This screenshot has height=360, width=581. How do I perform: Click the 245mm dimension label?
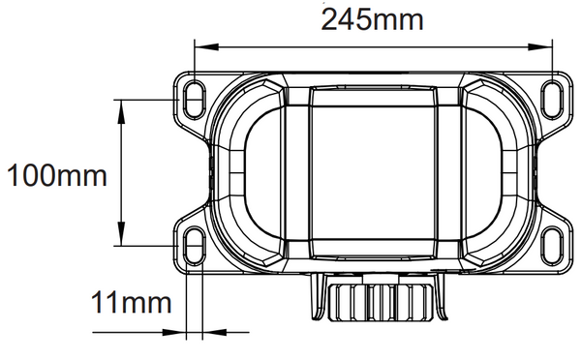(372, 19)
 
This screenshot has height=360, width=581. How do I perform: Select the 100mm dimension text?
(57, 175)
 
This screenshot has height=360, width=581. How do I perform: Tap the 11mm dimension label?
(131, 302)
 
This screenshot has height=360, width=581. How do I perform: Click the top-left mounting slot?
(195, 100)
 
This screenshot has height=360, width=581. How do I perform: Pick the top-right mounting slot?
(552, 100)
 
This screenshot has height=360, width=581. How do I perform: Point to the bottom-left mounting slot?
(195, 245)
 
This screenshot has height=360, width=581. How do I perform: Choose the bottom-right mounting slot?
(552, 245)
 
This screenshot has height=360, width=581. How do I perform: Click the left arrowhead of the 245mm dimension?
(206, 47)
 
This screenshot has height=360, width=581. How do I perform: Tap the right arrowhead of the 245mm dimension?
(540, 47)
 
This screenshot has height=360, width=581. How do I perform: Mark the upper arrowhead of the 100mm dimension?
(121, 111)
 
